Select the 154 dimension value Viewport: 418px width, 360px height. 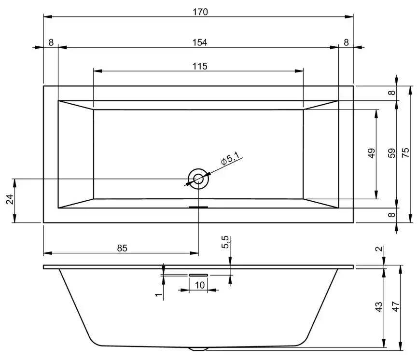click(x=199, y=42)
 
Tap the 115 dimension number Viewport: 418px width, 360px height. click(x=198, y=66)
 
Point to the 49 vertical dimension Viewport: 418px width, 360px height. click(x=371, y=153)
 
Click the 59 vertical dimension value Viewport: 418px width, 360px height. click(x=392, y=153)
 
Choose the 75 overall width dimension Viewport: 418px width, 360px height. click(x=406, y=153)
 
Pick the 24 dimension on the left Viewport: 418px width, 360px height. click(x=10, y=200)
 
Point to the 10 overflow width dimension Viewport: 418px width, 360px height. click(x=199, y=285)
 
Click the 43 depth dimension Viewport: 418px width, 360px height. click(x=379, y=306)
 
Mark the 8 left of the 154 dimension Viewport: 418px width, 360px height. click(x=51, y=42)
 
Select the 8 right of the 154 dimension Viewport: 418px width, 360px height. click(x=346, y=42)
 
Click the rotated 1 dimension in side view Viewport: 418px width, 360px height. click(x=157, y=294)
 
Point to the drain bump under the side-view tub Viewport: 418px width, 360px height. click(x=198, y=348)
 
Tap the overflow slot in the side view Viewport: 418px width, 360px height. click(x=198, y=274)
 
